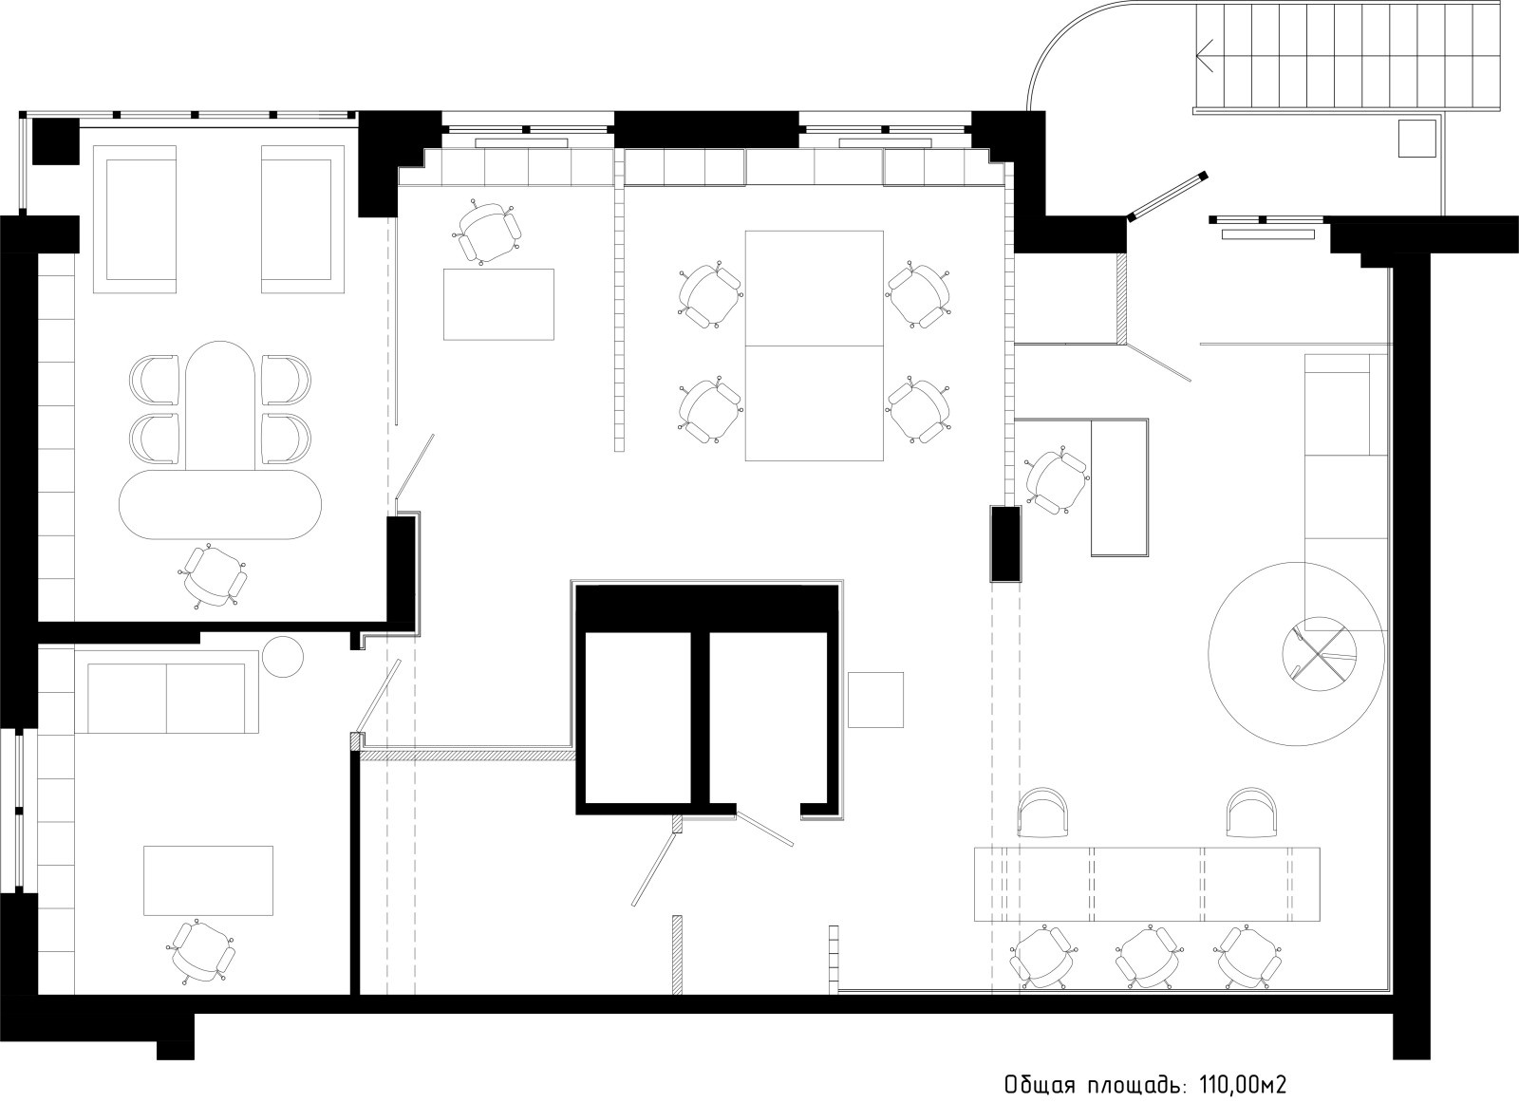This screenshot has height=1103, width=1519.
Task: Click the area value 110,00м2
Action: pyautogui.click(x=1243, y=1066)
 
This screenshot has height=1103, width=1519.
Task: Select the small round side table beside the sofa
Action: pyautogui.click(x=282, y=656)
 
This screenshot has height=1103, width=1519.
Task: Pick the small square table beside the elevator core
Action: pyautogui.click(x=875, y=700)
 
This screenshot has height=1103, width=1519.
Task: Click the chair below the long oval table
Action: pyautogui.click(x=215, y=577)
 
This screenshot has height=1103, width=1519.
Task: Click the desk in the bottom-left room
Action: pyautogui.click(x=208, y=880)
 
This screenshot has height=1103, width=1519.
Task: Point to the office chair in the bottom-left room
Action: pyautogui.click(x=202, y=952)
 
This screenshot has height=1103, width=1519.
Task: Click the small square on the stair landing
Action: pyautogui.click(x=1416, y=139)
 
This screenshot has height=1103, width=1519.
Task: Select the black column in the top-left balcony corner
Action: pyautogui.click(x=56, y=141)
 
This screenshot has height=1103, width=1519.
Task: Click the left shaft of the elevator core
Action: pyautogui.click(x=637, y=718)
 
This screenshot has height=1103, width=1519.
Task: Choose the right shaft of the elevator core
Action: pyautogui.click(x=768, y=718)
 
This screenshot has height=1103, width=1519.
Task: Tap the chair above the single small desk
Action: pyautogui.click(x=488, y=232)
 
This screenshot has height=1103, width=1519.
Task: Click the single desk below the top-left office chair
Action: pyautogui.click(x=498, y=305)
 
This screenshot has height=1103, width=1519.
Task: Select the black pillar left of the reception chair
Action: pyautogui.click(x=1005, y=543)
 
